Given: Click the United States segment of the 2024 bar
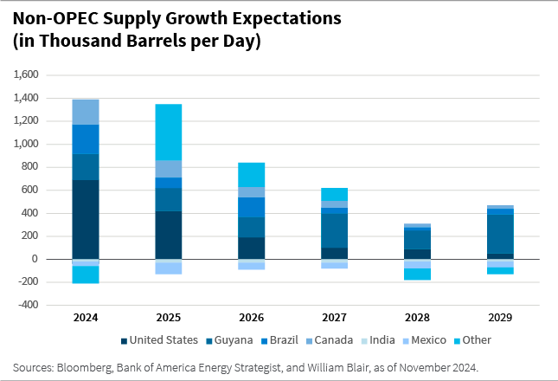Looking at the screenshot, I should click(86, 219).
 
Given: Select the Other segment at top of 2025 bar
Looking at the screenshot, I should click(168, 132).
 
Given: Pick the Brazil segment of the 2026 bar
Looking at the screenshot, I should click(251, 207).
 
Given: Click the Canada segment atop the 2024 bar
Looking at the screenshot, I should click(86, 112).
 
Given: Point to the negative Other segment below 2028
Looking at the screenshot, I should click(417, 274).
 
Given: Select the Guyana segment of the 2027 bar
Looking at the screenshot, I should click(334, 230).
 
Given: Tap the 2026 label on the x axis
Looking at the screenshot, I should click(251, 318).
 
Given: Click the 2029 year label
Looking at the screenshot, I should click(499, 318).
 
